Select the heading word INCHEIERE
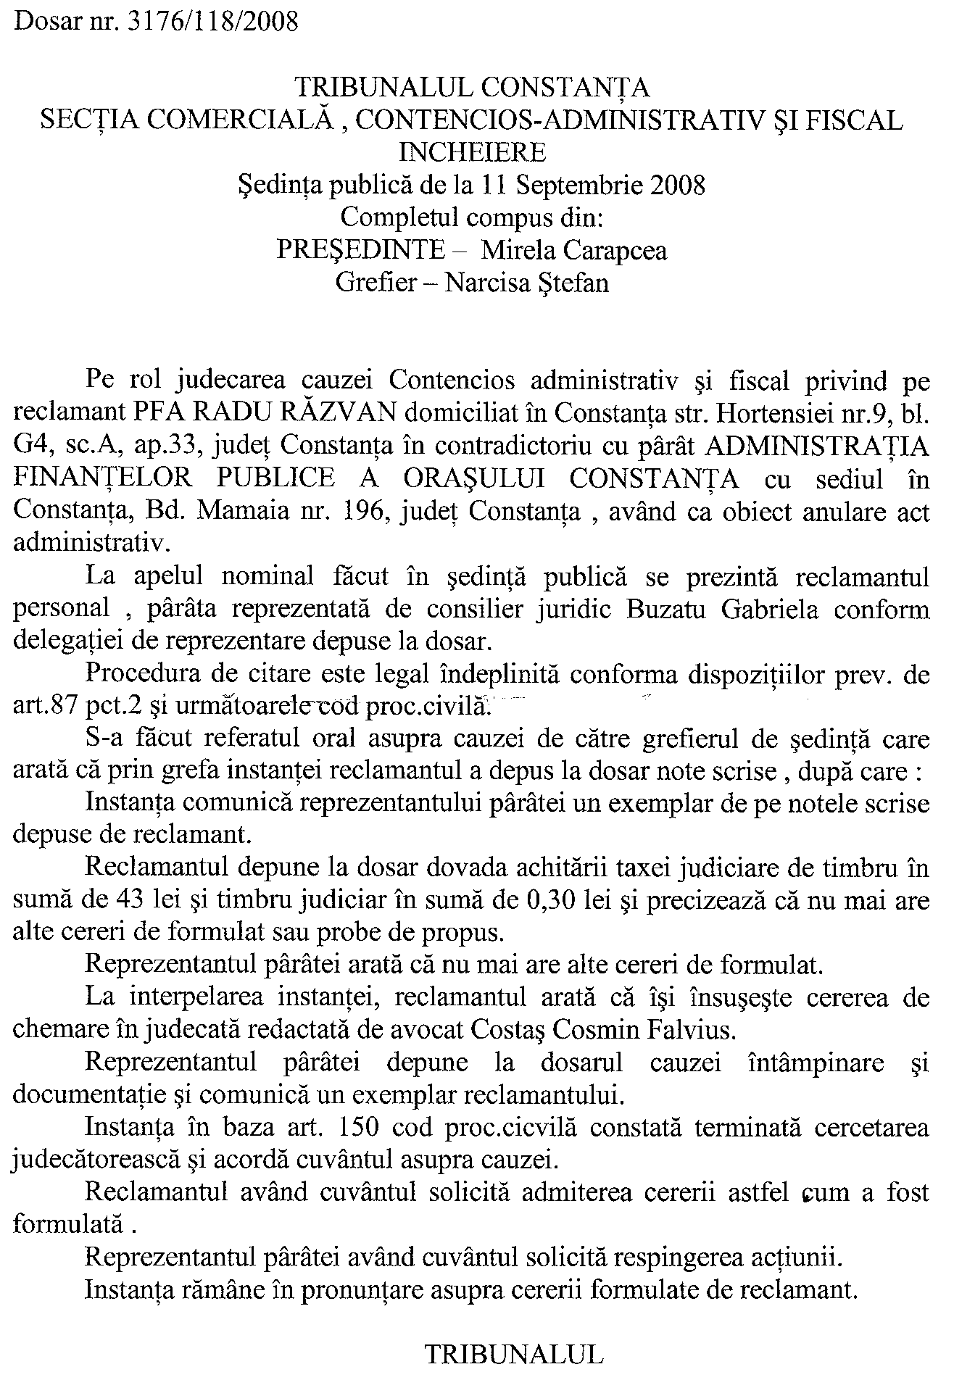click(x=473, y=152)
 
